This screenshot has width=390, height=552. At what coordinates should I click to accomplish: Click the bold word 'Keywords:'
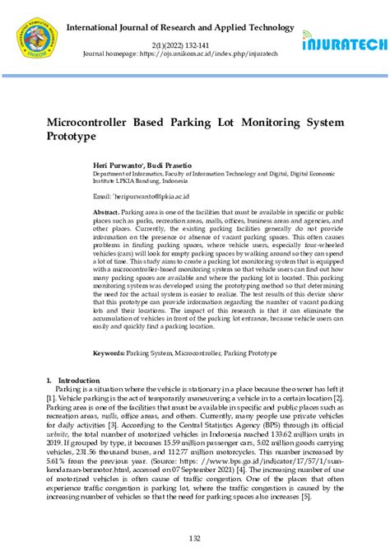[x=109, y=353]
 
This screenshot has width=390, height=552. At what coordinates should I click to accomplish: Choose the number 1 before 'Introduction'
[x=49, y=380]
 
